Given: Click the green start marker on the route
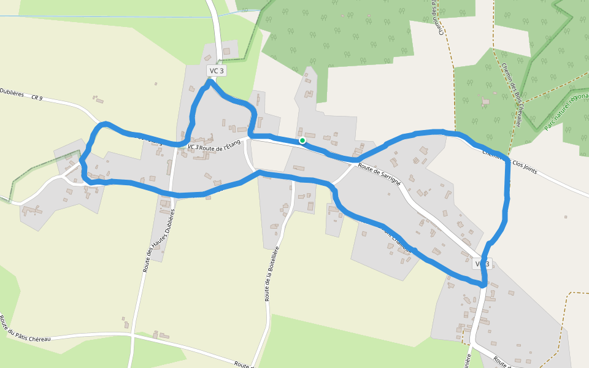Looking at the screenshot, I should (x=302, y=140).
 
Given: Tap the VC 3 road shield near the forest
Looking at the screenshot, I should (x=217, y=71).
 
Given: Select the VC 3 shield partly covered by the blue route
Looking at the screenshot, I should (x=482, y=264).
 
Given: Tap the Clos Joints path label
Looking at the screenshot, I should (x=518, y=163).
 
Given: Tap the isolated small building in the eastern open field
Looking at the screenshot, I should (x=564, y=217).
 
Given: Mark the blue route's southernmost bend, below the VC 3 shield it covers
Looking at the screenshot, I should (x=483, y=284).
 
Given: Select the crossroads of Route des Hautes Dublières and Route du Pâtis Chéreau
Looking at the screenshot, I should (x=133, y=335).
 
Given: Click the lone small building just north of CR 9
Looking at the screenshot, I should (x=97, y=98).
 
